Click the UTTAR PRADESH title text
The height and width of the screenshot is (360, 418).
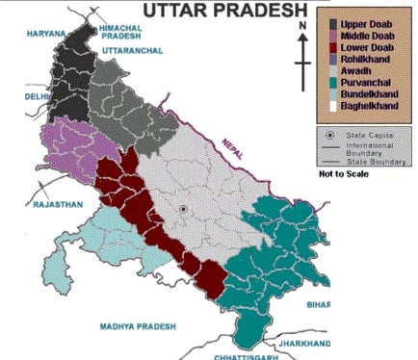click(223, 13)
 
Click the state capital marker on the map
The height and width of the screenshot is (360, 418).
click(184, 208)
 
